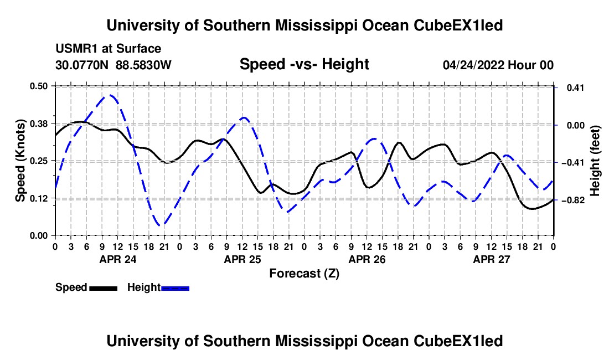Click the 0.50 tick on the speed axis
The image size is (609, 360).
pyautogui.click(x=38, y=86)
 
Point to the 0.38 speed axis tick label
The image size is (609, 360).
pyautogui.click(x=38, y=124)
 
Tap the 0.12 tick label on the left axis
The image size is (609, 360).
pyautogui.click(x=38, y=198)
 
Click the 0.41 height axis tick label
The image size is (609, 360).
pyautogui.click(x=576, y=88)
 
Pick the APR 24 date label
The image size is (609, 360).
pyautogui.click(x=118, y=259)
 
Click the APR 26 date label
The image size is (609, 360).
pyautogui.click(x=367, y=259)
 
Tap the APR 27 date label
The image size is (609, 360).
pyautogui.click(x=491, y=259)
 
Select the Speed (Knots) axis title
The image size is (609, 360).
pyautogui.click(x=20, y=161)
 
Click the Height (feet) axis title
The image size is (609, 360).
pyautogui.click(x=595, y=161)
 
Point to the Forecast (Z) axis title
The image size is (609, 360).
pyautogui.click(x=304, y=274)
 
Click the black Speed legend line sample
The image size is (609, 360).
pyautogui.click(x=104, y=289)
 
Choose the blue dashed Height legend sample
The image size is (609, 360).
pyautogui.click(x=175, y=289)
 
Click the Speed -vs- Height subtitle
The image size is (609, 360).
pyautogui.click(x=304, y=64)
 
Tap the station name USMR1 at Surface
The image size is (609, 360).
pyautogui.click(x=109, y=49)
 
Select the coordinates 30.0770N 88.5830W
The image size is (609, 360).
pyautogui.click(x=113, y=65)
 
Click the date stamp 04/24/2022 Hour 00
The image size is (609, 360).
pyautogui.click(x=498, y=65)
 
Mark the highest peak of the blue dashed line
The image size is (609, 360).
pyautogui.click(x=110, y=95)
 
